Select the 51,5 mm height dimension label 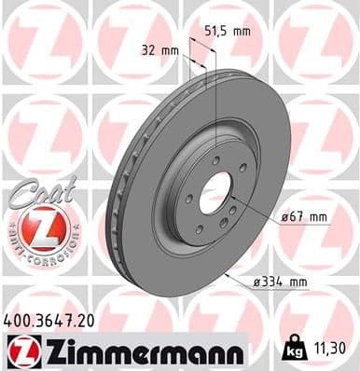point(228,32)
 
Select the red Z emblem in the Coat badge point(40,228)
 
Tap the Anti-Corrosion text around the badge point(40,252)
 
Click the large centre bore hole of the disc point(215,192)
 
